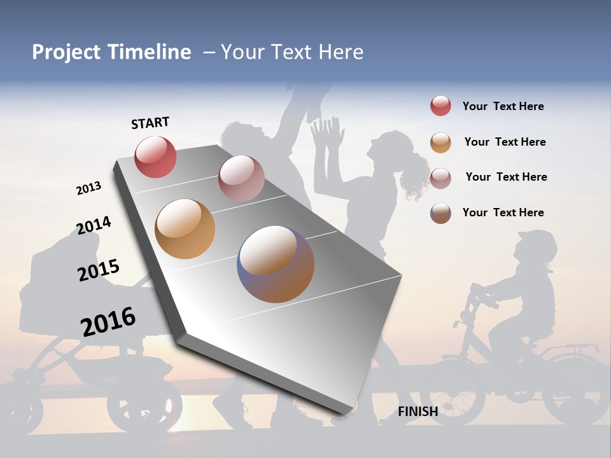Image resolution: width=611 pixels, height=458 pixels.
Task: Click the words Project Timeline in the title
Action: (111, 52)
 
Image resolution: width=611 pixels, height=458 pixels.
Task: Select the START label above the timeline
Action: (150, 123)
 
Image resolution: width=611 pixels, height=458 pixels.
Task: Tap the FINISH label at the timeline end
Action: (418, 412)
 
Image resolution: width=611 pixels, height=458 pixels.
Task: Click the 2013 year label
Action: (88, 188)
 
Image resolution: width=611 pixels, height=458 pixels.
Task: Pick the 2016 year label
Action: (108, 322)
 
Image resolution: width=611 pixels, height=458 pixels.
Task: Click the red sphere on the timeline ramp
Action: (155, 156)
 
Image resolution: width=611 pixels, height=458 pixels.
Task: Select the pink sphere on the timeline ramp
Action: (241, 178)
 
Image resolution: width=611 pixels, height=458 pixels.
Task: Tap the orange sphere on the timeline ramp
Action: (185, 229)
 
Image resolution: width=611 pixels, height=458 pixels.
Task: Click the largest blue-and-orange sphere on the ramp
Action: (276, 264)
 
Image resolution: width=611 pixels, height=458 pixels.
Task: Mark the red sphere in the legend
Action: (440, 106)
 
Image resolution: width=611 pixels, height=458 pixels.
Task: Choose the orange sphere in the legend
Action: (440, 142)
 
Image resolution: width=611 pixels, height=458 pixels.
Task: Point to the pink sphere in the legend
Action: (440, 177)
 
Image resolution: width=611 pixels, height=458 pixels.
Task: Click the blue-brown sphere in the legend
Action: (440, 213)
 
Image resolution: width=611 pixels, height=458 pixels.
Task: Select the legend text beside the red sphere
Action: (503, 106)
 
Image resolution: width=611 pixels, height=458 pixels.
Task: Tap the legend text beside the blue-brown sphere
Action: (503, 212)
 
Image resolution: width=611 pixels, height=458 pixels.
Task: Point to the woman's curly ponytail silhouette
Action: (415, 175)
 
